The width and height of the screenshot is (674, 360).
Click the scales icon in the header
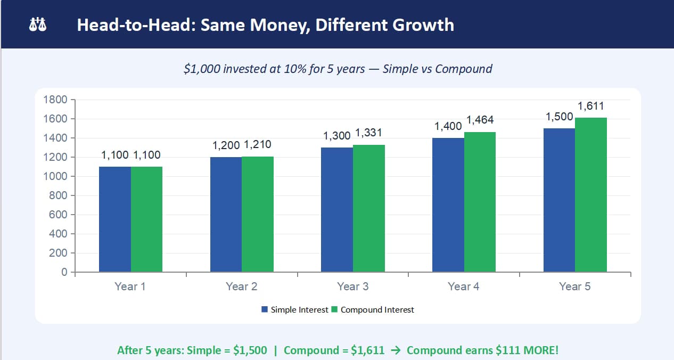coord(38,24)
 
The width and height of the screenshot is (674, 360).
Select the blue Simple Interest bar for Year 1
coord(115,219)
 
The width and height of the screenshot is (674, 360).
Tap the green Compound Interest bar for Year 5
coord(591,195)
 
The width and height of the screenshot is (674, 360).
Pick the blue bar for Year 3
coord(337,210)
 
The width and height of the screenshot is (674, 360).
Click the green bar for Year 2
coord(258,214)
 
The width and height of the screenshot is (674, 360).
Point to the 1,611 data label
coord(590,106)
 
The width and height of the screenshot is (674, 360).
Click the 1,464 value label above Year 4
coord(480,120)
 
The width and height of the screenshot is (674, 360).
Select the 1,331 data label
coord(368,133)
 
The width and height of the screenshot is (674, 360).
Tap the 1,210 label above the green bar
coord(258,144)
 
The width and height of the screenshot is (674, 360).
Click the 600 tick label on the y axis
coord(58,215)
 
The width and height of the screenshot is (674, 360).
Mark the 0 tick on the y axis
coord(64,272)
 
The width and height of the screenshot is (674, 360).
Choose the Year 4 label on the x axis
coord(463,287)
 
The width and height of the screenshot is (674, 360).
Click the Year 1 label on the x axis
coord(130,287)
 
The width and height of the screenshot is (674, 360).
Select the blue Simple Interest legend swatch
coord(265,309)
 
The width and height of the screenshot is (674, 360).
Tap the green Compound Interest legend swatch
coord(334,309)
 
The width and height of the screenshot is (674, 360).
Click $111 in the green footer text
coord(508,350)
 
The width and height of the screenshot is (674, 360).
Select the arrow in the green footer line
coord(396,350)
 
